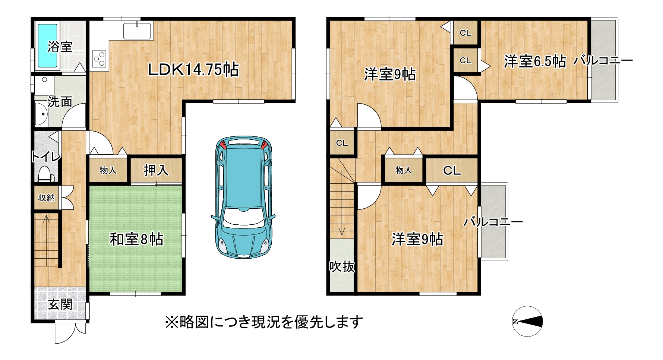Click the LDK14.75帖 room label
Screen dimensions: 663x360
pyautogui.click(x=193, y=70)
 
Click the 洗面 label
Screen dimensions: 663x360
pyautogui.click(x=60, y=101)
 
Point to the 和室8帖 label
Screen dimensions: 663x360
pyautogui.click(x=136, y=239)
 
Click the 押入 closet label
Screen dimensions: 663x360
pyautogui.click(x=157, y=170)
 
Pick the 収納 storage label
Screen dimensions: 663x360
pyautogui.click(x=47, y=198)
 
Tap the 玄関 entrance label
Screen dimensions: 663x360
pyautogui.click(x=60, y=305)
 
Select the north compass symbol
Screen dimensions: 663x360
pyautogui.click(x=527, y=322)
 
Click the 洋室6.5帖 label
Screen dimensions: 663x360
pyautogui.click(x=535, y=61)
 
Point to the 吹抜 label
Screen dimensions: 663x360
pyautogui.click(x=342, y=266)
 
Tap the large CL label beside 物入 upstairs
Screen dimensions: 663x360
pyautogui.click(x=452, y=171)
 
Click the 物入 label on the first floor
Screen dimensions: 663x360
pyautogui.click(x=108, y=170)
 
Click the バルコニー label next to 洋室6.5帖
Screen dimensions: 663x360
pyautogui.click(x=603, y=60)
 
